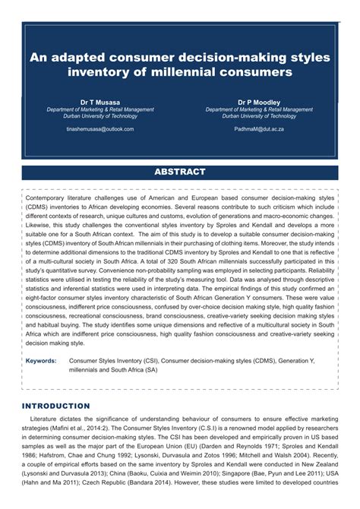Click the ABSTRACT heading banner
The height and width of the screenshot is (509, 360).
[180, 172]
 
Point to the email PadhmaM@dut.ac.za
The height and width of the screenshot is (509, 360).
[258, 129]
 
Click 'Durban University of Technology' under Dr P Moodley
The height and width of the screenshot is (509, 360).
[258, 116]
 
